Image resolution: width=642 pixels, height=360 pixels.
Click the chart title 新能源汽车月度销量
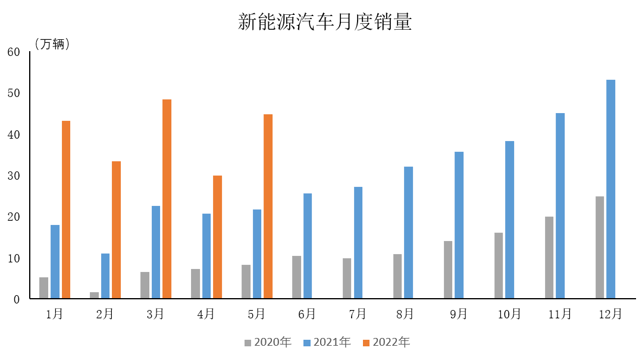point(325,22)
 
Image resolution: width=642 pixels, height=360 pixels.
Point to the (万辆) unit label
point(52,44)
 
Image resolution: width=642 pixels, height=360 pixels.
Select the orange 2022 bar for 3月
point(167,199)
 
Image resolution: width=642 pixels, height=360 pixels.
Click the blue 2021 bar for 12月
point(610,189)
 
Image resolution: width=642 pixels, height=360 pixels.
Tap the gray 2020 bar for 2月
point(94,295)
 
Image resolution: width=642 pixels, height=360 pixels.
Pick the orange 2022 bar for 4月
point(218,237)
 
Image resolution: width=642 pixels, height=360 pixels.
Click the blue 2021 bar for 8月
point(408,233)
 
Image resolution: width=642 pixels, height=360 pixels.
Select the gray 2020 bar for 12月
point(599,247)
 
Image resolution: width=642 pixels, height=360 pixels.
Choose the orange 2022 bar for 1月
point(66,209)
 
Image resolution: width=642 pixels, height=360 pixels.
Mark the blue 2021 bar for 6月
point(308,246)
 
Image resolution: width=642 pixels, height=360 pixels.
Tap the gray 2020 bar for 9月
point(447,270)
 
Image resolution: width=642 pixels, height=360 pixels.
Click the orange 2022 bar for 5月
point(268,206)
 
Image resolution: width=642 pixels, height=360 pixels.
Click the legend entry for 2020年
point(268,342)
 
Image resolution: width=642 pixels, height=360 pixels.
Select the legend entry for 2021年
point(327,342)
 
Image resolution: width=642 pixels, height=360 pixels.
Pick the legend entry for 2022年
point(387,342)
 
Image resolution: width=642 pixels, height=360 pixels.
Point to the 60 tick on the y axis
point(14,52)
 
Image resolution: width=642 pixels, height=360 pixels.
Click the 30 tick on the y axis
point(14,176)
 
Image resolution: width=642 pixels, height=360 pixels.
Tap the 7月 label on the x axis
point(358,314)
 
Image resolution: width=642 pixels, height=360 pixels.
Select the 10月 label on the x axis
point(509,314)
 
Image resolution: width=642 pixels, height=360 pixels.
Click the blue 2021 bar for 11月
point(560,206)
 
